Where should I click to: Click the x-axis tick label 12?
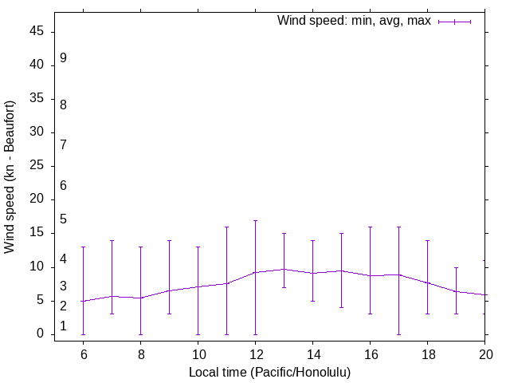click(x=255, y=354)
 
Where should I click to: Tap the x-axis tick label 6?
click(x=83, y=354)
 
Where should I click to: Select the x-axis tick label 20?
click(x=484, y=354)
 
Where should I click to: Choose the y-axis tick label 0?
click(x=42, y=334)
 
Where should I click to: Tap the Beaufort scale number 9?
click(x=63, y=58)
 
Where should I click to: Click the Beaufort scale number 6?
click(x=63, y=185)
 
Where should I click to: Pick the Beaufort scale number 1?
click(x=63, y=326)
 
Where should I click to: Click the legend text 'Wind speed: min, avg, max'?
click(x=354, y=21)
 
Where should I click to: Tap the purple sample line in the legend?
click(x=454, y=22)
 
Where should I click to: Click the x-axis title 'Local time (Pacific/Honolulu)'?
click(x=269, y=372)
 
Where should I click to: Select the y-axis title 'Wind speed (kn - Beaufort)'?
click(x=10, y=177)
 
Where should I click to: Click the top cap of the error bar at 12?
click(x=255, y=220)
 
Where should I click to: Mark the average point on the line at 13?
click(x=284, y=269)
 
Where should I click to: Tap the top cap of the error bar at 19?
click(x=456, y=267)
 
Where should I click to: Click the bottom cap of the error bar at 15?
click(x=341, y=307)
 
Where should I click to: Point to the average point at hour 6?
click(x=83, y=301)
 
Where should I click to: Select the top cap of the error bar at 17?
click(x=398, y=227)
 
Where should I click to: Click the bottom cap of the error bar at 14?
click(x=312, y=301)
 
